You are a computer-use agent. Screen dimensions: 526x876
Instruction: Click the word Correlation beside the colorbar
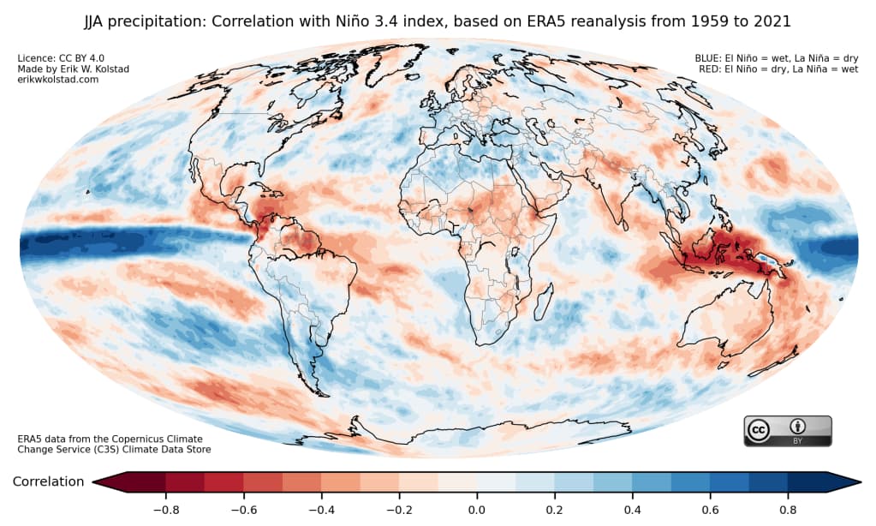[48, 482]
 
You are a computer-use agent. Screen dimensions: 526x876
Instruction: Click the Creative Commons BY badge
[787, 431]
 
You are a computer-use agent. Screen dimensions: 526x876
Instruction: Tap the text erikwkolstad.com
[58, 80]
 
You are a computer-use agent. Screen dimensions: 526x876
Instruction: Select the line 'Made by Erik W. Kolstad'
[74, 69]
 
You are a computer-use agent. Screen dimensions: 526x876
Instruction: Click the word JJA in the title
[96, 19]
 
